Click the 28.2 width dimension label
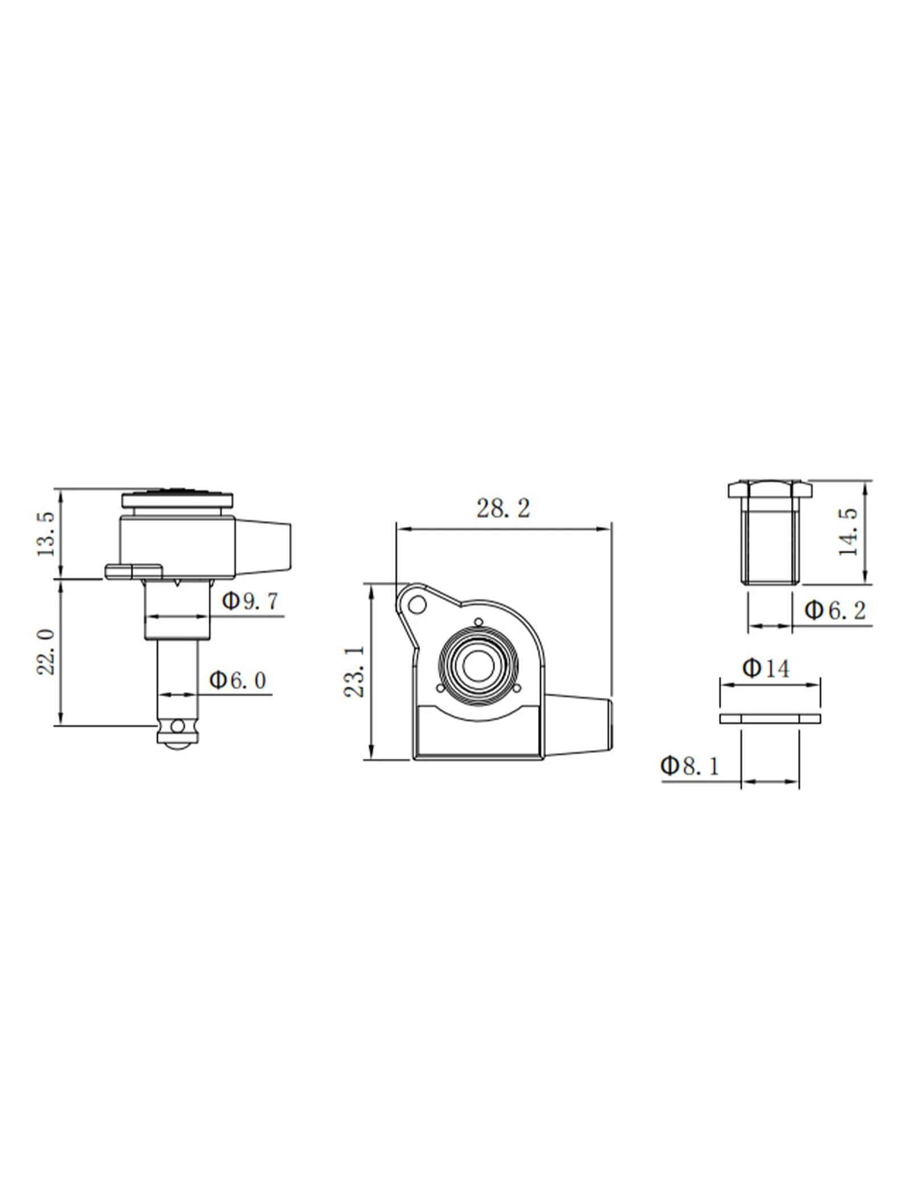pyautogui.click(x=503, y=508)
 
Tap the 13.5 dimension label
pyautogui.click(x=46, y=534)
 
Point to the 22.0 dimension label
pyautogui.click(x=46, y=652)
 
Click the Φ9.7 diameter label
pyautogui.click(x=251, y=601)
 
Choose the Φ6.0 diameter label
pyautogui.click(x=238, y=680)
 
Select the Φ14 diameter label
pyautogui.click(x=766, y=668)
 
